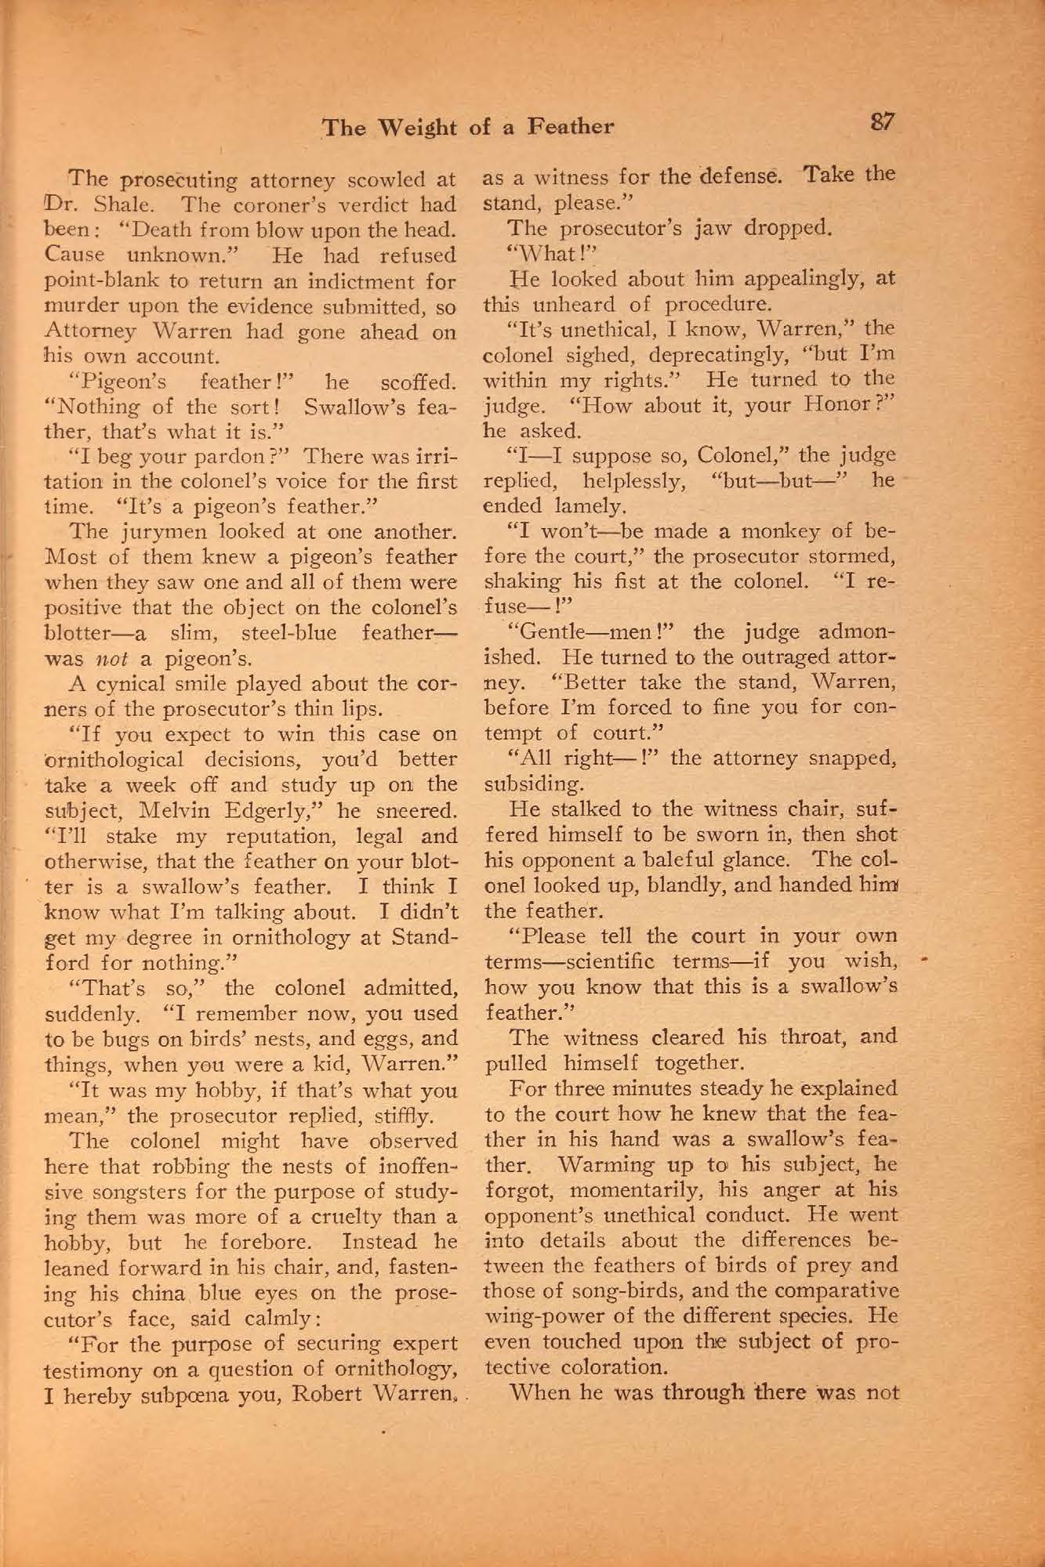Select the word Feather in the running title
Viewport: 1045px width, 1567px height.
tap(570, 127)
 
